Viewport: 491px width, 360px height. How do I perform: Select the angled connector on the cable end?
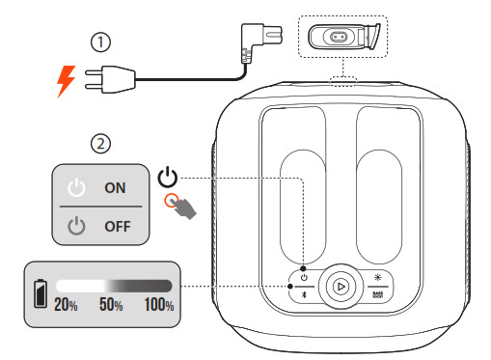[x=249, y=43]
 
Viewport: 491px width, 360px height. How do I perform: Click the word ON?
[x=115, y=188]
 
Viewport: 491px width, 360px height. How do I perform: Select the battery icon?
[x=41, y=291]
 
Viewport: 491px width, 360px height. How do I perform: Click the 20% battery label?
[x=67, y=306]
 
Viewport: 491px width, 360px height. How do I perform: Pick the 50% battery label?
[x=113, y=306]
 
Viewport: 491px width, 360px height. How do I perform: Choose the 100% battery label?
[x=157, y=306]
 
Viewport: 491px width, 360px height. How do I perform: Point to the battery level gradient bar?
[x=113, y=287]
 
